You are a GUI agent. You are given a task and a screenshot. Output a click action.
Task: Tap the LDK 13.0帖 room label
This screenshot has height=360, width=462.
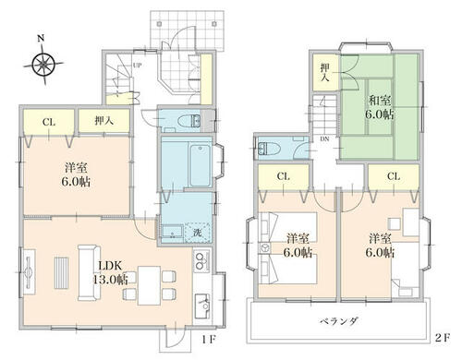110,272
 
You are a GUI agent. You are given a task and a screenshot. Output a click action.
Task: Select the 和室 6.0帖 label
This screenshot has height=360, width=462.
380,108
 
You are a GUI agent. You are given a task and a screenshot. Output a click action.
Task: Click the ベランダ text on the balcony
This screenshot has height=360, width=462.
338,321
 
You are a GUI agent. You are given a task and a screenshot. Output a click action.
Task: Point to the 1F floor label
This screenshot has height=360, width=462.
209,340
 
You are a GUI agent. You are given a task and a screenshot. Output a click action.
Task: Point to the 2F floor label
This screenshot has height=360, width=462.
443,338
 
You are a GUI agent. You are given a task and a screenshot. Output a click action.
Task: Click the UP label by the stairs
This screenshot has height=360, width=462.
138,66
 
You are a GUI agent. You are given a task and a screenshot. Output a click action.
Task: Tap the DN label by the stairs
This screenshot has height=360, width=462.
324,139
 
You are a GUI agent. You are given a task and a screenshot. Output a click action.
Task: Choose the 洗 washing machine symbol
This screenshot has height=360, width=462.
198,233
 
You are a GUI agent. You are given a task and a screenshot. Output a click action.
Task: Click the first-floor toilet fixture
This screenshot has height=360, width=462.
189,121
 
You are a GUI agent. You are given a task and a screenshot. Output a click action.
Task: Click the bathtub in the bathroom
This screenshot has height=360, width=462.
201,165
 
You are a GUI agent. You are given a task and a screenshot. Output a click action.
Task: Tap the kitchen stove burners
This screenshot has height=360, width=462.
201,260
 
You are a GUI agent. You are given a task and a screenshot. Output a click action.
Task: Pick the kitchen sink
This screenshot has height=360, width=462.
202,306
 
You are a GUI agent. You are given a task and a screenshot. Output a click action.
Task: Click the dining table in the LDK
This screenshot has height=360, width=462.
150,285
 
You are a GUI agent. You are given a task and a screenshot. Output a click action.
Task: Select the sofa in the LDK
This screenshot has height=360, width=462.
89,272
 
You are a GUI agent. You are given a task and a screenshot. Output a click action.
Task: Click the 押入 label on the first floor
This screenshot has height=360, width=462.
103,121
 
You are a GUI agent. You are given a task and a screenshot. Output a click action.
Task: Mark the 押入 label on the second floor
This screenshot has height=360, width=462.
324,72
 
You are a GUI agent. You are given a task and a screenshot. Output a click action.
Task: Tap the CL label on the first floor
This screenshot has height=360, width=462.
49,122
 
